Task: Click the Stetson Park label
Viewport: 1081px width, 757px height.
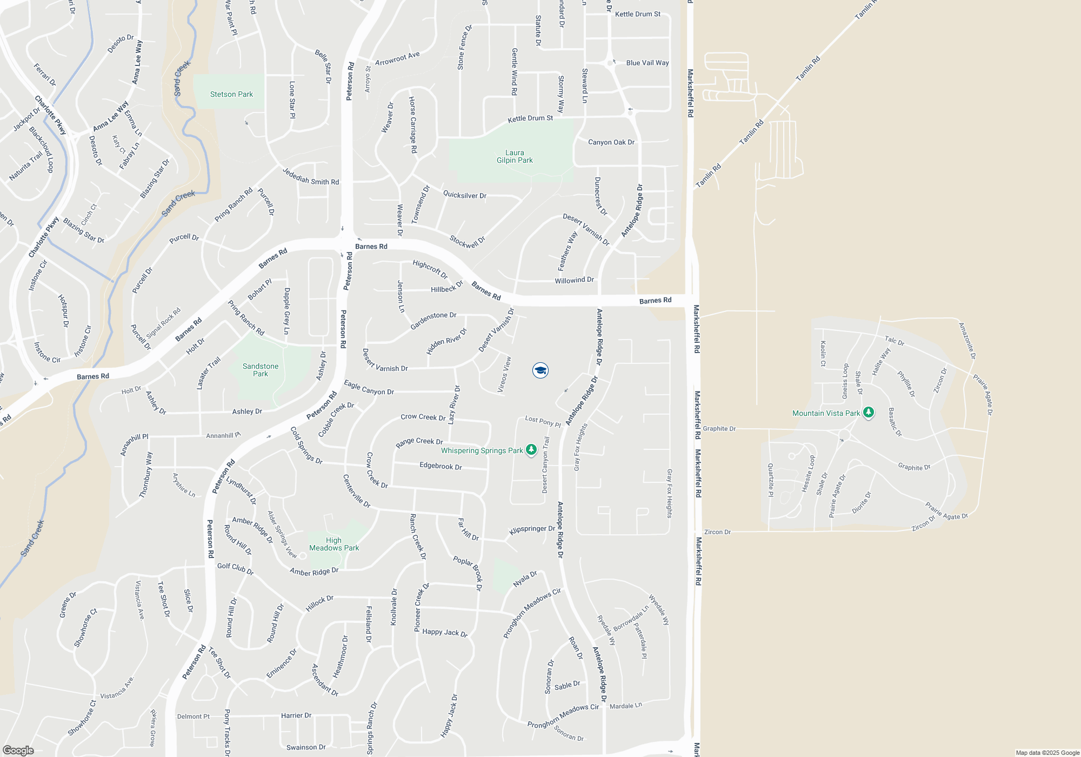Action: pyautogui.click(x=231, y=94)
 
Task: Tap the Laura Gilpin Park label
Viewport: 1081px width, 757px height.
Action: pyautogui.click(x=515, y=157)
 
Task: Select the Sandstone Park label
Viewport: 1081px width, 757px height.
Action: pyautogui.click(x=261, y=370)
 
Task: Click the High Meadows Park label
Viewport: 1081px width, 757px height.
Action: pyautogui.click(x=334, y=544)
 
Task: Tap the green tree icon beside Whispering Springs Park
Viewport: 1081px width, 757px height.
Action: pyautogui.click(x=531, y=449)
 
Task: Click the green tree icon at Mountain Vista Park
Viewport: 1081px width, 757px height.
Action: pyautogui.click(x=869, y=413)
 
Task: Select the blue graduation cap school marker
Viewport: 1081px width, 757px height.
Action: pyautogui.click(x=540, y=370)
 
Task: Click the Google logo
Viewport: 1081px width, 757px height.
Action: pyautogui.click(x=18, y=750)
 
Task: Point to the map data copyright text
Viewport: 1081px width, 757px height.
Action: pyautogui.click(x=1047, y=753)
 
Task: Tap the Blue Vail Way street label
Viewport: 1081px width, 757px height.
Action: pyautogui.click(x=648, y=63)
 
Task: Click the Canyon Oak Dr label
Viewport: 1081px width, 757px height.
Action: pyautogui.click(x=611, y=142)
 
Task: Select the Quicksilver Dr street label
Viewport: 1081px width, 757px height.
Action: pyautogui.click(x=465, y=195)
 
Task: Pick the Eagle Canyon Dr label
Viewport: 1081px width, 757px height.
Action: pyautogui.click(x=369, y=388)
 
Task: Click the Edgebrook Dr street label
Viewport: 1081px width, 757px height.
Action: pyautogui.click(x=441, y=466)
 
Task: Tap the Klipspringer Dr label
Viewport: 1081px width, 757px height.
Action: pyautogui.click(x=532, y=529)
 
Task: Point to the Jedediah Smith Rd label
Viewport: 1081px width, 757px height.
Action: pyautogui.click(x=311, y=177)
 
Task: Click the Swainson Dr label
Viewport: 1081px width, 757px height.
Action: pyautogui.click(x=306, y=747)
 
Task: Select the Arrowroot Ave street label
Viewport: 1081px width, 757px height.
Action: pyautogui.click(x=397, y=58)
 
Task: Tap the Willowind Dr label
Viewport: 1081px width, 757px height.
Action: pyautogui.click(x=574, y=280)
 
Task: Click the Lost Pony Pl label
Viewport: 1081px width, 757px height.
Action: pyautogui.click(x=543, y=421)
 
